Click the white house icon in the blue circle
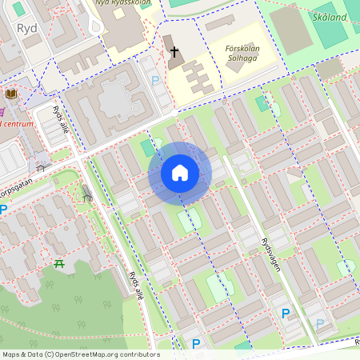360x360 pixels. pos(180,173)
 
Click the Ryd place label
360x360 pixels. pos(26,28)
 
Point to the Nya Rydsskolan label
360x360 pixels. pos(125,2)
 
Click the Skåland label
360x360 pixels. pos(330,16)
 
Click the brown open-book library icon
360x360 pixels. pos(11,94)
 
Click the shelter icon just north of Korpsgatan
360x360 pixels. pos(40,166)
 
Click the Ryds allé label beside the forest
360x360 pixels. pos(137,285)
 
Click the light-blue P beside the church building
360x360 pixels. pos(154,81)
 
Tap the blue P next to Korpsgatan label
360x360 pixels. pos(3,210)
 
